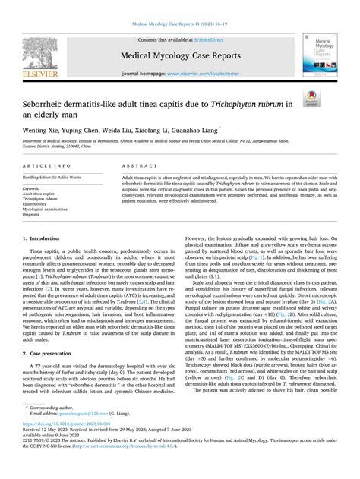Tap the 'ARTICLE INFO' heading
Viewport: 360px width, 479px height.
tap(49, 165)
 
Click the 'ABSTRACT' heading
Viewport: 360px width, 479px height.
tap(125, 165)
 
